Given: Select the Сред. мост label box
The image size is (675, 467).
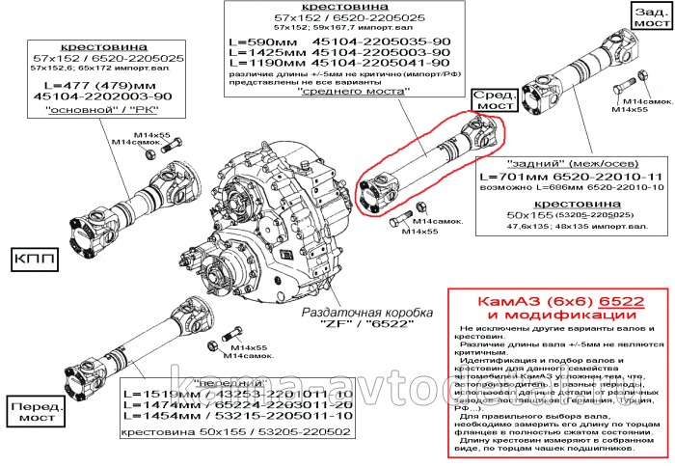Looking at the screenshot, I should coord(492,100).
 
